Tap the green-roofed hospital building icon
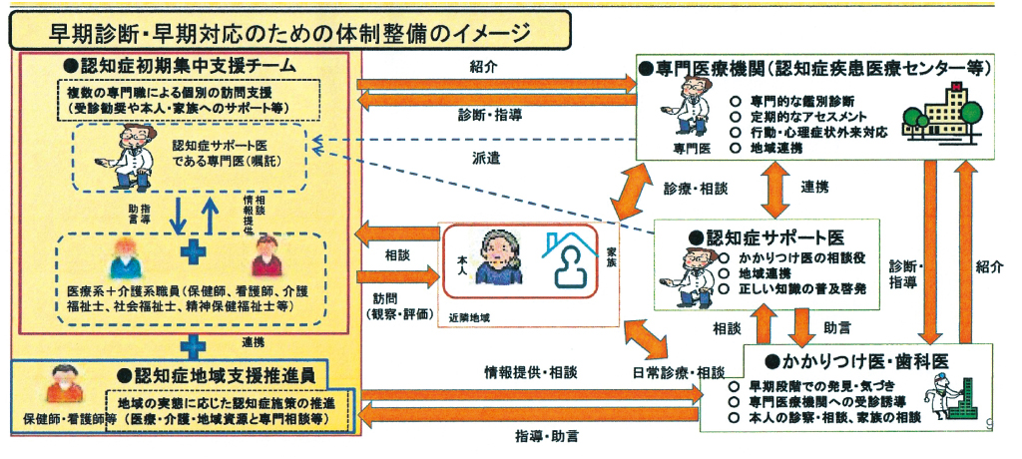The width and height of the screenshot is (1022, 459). pos(948,113)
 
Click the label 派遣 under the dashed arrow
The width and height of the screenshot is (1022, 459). pos(486,156)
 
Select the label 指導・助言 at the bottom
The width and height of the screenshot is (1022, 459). pos(548,437)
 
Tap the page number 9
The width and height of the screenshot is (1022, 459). pos(989,425)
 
